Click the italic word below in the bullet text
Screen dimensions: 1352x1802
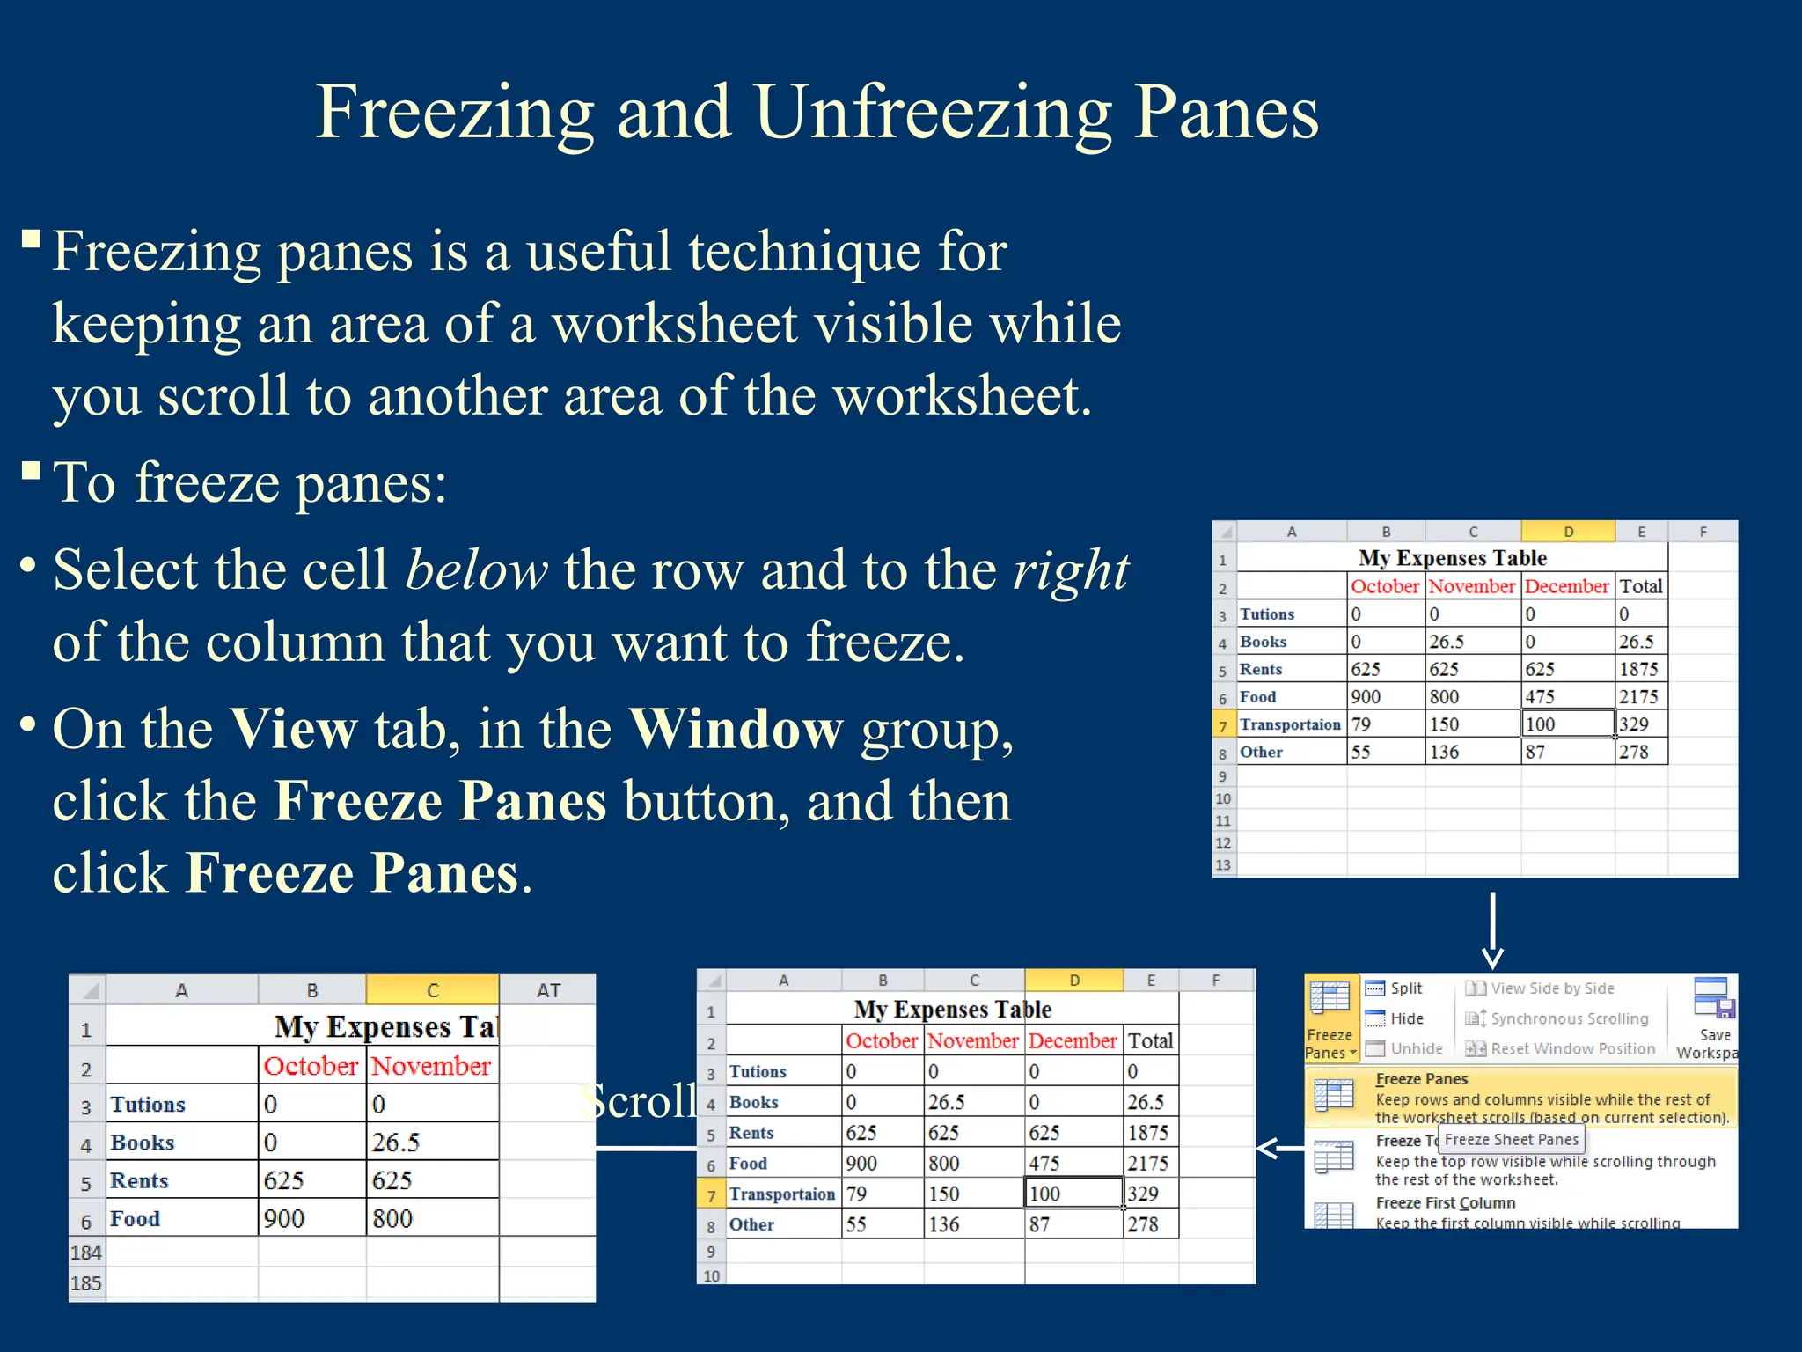(x=476, y=570)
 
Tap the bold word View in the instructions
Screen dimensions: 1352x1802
(x=293, y=730)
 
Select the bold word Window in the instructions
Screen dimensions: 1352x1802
(x=736, y=730)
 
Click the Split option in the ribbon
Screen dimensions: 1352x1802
(x=1405, y=988)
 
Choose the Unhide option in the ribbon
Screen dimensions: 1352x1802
(x=1416, y=1048)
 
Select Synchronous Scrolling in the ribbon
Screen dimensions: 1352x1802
(x=1569, y=1018)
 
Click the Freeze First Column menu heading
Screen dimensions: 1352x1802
(x=1445, y=1202)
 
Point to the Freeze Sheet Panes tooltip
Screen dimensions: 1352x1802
(x=1511, y=1140)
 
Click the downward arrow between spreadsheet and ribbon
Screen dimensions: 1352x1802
(x=1492, y=932)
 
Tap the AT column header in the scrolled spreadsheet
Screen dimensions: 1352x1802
(x=548, y=990)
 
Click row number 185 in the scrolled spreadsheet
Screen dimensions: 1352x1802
(x=86, y=1283)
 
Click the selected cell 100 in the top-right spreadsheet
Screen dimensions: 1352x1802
(x=1567, y=724)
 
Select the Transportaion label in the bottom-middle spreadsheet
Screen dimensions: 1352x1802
(x=781, y=1194)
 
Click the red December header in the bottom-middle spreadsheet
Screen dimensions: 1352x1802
(x=1072, y=1040)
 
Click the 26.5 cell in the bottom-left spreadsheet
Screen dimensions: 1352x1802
(x=395, y=1143)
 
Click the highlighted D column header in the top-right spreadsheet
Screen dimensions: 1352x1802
(x=1567, y=532)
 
